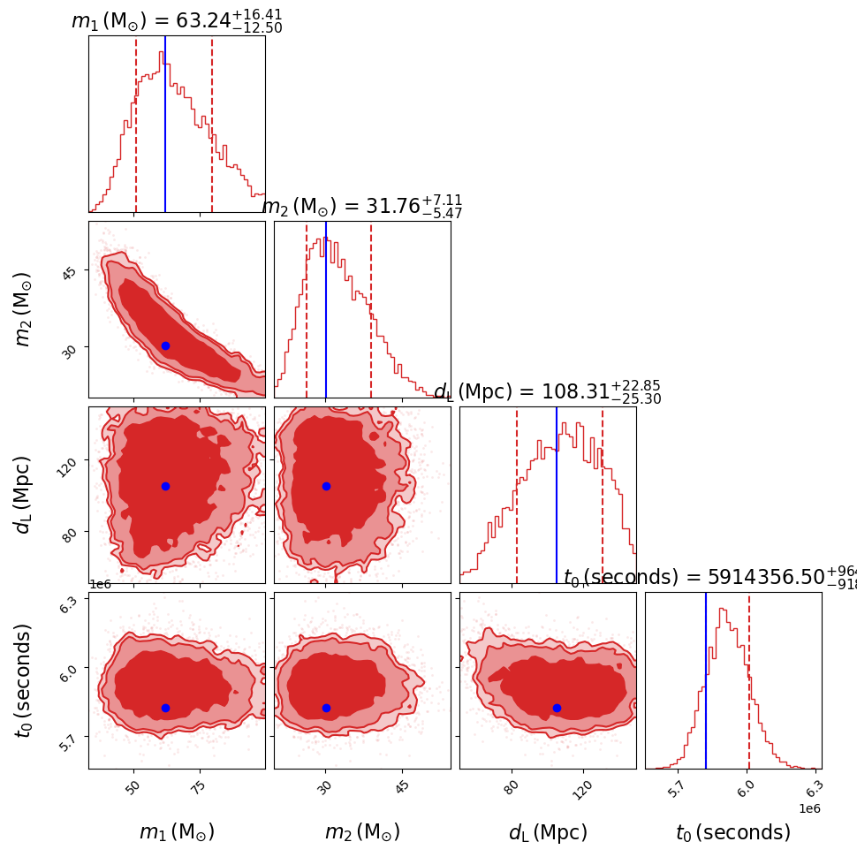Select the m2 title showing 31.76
click(x=362, y=207)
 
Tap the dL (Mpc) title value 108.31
click(x=547, y=392)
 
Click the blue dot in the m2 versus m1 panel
click(x=165, y=345)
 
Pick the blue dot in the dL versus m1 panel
click(x=165, y=486)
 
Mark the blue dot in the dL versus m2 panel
click(x=326, y=486)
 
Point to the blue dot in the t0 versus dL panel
click(x=557, y=708)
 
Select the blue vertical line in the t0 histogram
click(x=706, y=680)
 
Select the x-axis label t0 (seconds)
click(x=733, y=832)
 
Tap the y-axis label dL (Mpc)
click(x=23, y=495)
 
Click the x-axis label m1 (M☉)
click(x=177, y=832)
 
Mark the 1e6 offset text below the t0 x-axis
click(x=809, y=808)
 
